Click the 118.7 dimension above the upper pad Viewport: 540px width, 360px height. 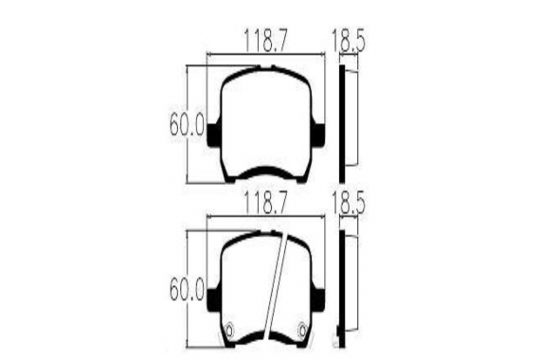265,40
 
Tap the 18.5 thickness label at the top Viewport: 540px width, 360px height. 349,40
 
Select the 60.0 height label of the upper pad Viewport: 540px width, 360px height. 188,125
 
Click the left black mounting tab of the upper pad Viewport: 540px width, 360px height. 214,135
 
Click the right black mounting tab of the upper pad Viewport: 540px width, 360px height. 317,135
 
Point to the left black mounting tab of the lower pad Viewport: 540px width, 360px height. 214,299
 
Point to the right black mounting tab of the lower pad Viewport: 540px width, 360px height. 317,299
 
